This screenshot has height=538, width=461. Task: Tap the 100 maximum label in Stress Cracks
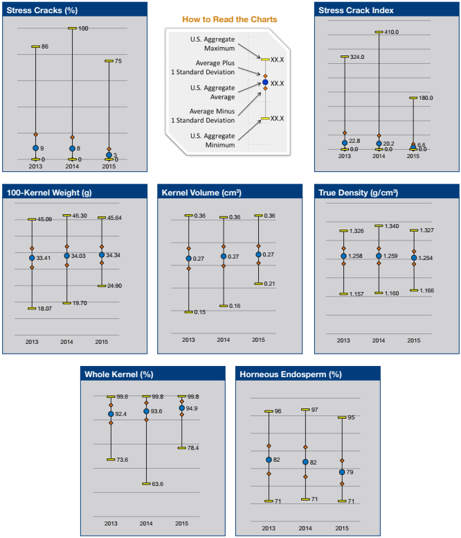(x=83, y=28)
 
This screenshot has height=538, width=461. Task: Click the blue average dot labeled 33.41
(x=32, y=258)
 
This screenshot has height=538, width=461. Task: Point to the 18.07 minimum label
(x=45, y=309)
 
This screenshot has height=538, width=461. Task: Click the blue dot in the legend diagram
(x=264, y=83)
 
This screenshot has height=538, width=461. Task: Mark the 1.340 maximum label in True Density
(x=392, y=226)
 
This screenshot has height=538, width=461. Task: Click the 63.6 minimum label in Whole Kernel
(x=157, y=484)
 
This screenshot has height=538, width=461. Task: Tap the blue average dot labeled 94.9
(x=181, y=408)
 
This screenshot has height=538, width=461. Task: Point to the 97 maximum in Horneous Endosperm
(x=314, y=410)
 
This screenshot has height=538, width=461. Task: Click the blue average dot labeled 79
(x=341, y=473)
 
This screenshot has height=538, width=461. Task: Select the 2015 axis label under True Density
(x=413, y=340)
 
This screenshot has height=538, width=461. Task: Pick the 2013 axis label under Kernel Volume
(x=188, y=340)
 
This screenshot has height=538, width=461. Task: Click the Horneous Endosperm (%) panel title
(x=291, y=374)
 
